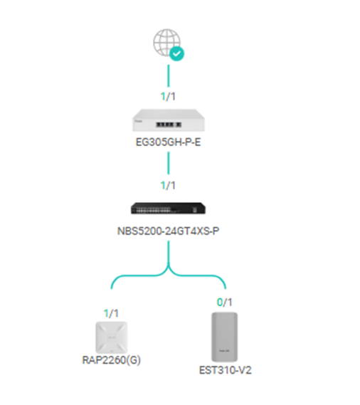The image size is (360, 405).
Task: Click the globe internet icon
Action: click(166, 42)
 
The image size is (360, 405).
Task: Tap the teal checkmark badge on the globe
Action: click(177, 53)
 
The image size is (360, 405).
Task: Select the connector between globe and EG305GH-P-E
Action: click(169, 75)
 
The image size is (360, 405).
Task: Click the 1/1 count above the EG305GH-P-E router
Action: click(168, 97)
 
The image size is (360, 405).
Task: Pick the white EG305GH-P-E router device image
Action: click(169, 120)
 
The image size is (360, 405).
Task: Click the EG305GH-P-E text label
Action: click(168, 142)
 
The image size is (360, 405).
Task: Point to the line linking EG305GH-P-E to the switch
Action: click(169, 163)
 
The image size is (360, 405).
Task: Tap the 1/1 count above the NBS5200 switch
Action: click(168, 186)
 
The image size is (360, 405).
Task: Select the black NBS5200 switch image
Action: click(168, 208)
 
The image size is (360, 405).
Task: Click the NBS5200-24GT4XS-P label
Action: click(168, 231)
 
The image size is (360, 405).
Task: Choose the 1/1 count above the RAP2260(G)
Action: click(111, 314)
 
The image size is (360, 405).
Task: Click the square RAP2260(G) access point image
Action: click(111, 337)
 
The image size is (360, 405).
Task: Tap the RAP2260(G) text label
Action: click(111, 360)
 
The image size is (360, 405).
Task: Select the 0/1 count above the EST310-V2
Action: click(225, 302)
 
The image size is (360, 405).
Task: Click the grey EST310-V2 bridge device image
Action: click(224, 337)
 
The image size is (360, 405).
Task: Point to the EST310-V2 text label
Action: click(226, 370)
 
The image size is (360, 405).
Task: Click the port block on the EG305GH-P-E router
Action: click(169, 125)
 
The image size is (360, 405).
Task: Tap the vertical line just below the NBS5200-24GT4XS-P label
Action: click(169, 252)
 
